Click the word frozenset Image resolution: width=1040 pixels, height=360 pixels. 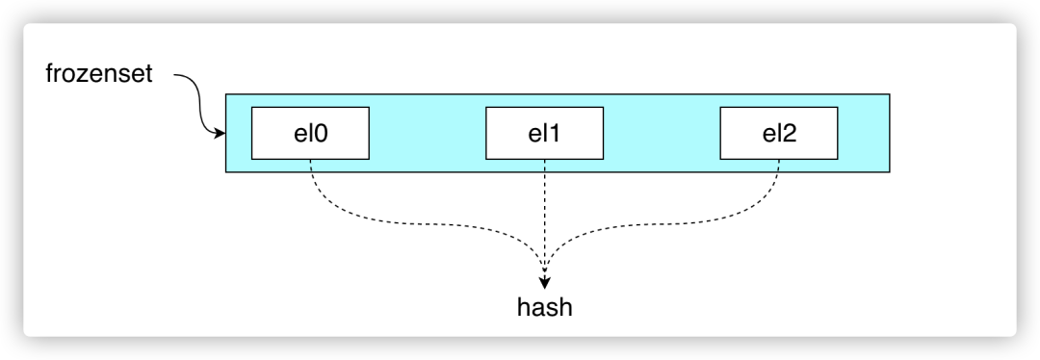pyautogui.click(x=99, y=74)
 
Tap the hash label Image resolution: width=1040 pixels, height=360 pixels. pyautogui.click(x=546, y=308)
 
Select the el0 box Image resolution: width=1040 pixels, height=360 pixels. pyautogui.click(x=310, y=133)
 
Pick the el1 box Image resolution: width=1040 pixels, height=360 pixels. pyautogui.click(x=545, y=133)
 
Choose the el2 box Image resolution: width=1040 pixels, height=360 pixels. pyautogui.click(x=780, y=133)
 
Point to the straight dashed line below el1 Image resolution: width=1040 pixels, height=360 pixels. pyautogui.click(x=546, y=212)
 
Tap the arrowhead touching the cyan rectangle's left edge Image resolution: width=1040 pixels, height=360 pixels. pyautogui.click(x=220, y=133)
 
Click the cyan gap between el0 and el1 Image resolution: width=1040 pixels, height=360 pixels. pyautogui.click(x=428, y=133)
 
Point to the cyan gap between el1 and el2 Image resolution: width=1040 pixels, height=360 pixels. pyautogui.click(x=663, y=133)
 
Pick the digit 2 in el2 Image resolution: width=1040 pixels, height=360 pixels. pyautogui.click(x=791, y=134)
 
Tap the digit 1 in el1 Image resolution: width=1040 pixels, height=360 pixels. pyautogui.click(x=556, y=134)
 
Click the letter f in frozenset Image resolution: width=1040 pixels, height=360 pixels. pyautogui.click(x=49, y=74)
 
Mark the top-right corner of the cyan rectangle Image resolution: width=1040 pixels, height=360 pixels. pyautogui.click(x=889, y=94)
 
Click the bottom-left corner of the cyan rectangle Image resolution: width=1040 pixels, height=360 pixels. pyautogui.click(x=226, y=171)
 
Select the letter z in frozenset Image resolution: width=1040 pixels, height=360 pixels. pyautogui.click(x=82, y=75)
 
